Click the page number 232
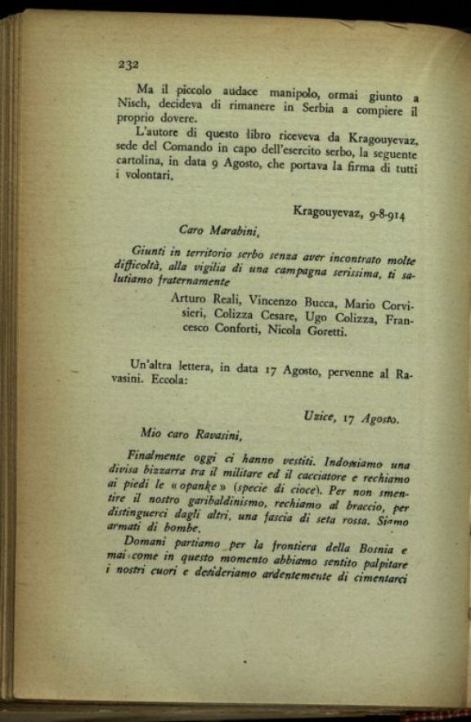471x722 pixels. (x=129, y=63)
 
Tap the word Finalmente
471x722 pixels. (x=159, y=456)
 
